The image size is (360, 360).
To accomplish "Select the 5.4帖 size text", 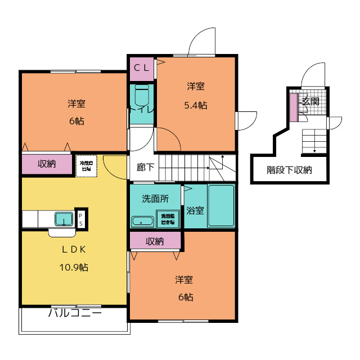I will pos(196,105).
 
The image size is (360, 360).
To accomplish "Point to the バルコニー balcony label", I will pos(75,313).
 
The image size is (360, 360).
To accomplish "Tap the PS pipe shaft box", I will pos(80,219).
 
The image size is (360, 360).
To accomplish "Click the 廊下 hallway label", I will pos(145,167).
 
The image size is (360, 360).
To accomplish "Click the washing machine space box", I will pos(168,219).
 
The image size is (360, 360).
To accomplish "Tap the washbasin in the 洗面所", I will pos(142,221).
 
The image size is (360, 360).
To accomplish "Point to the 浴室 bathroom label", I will pos(196,210).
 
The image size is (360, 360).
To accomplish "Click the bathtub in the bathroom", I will pos(221,206).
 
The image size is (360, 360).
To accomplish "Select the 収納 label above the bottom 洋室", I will pos(155,241).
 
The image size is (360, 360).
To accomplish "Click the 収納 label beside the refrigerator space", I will pos(47,164).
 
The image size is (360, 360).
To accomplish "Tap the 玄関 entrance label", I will pos(310,102).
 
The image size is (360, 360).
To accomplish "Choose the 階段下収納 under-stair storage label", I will pos(289,170).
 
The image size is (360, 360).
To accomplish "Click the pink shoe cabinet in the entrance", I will pos(293,107).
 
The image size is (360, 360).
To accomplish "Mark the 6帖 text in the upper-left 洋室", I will pos(75,121).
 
